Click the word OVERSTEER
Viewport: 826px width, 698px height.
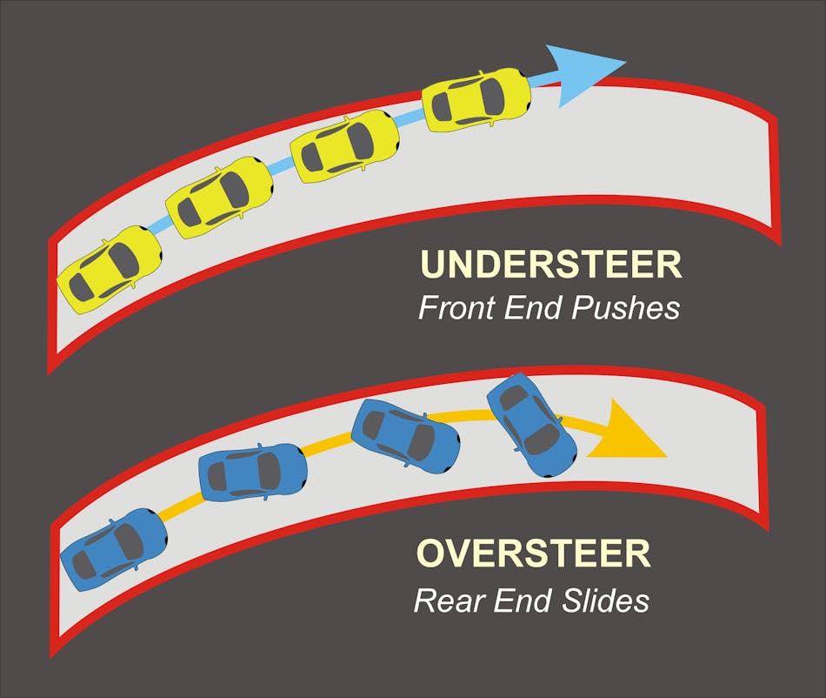534,554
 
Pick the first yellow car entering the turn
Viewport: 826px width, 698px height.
110,270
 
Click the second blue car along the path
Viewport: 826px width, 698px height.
253,473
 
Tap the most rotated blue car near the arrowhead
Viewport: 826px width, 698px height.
531,424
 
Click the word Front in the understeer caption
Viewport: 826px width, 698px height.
455,308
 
